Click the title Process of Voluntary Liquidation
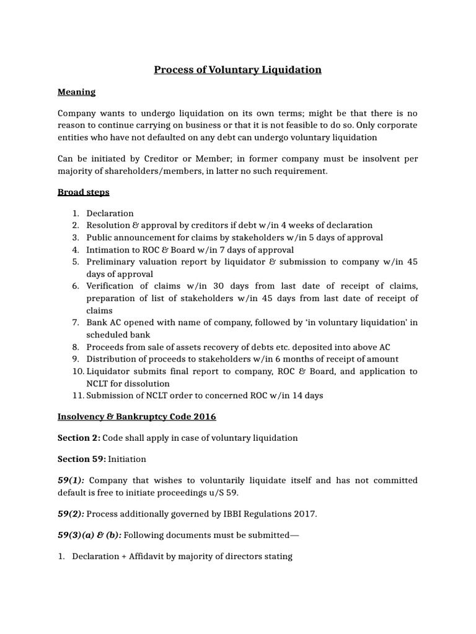[238, 69]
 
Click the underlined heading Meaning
[76, 92]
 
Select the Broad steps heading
[83, 192]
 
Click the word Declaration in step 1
[110, 213]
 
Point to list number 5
[76, 262]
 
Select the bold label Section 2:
[79, 438]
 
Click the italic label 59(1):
[71, 480]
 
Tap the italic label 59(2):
[71, 513]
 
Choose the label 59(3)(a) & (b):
[89, 534]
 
